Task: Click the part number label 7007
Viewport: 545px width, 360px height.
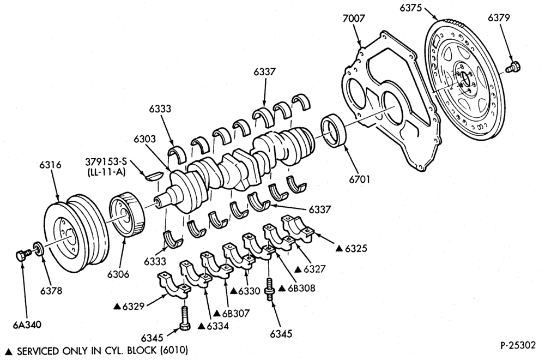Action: (x=354, y=18)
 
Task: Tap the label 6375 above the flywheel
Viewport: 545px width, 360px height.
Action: (x=410, y=7)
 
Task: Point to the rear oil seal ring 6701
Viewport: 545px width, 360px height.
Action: (x=335, y=130)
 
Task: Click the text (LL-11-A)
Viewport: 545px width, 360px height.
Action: (x=106, y=172)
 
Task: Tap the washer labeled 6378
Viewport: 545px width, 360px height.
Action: (x=38, y=249)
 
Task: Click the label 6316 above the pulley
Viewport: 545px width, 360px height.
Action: (x=50, y=165)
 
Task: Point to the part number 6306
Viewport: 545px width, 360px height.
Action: (x=118, y=274)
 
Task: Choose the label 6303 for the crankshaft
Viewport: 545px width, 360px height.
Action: (x=145, y=139)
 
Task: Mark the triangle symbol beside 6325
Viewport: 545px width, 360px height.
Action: (x=340, y=248)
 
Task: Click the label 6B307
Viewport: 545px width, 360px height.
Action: (x=236, y=314)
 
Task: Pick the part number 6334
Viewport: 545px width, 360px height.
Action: (x=217, y=326)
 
